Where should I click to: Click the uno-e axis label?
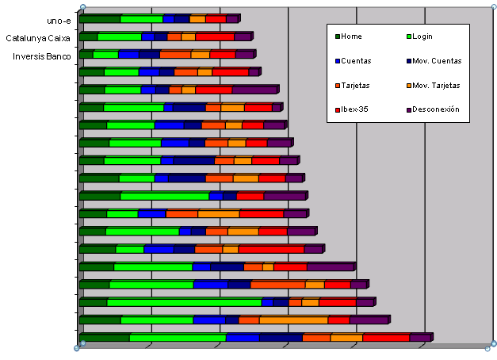click(59, 21)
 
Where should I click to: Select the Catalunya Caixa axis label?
click(38, 38)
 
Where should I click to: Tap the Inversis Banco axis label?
click(42, 56)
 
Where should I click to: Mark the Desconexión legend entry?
click(440, 109)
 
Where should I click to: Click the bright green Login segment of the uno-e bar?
click(141, 18)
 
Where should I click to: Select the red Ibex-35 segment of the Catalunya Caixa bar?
click(214, 36)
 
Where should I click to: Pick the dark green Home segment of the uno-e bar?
click(100, 18)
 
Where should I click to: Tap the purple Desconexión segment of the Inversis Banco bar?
click(243, 55)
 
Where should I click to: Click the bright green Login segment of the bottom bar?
click(178, 338)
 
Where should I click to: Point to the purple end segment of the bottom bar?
click(419, 338)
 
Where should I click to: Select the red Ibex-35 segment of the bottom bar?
click(385, 338)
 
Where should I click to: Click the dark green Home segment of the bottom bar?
click(105, 338)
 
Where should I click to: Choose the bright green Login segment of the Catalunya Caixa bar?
click(119, 36)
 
